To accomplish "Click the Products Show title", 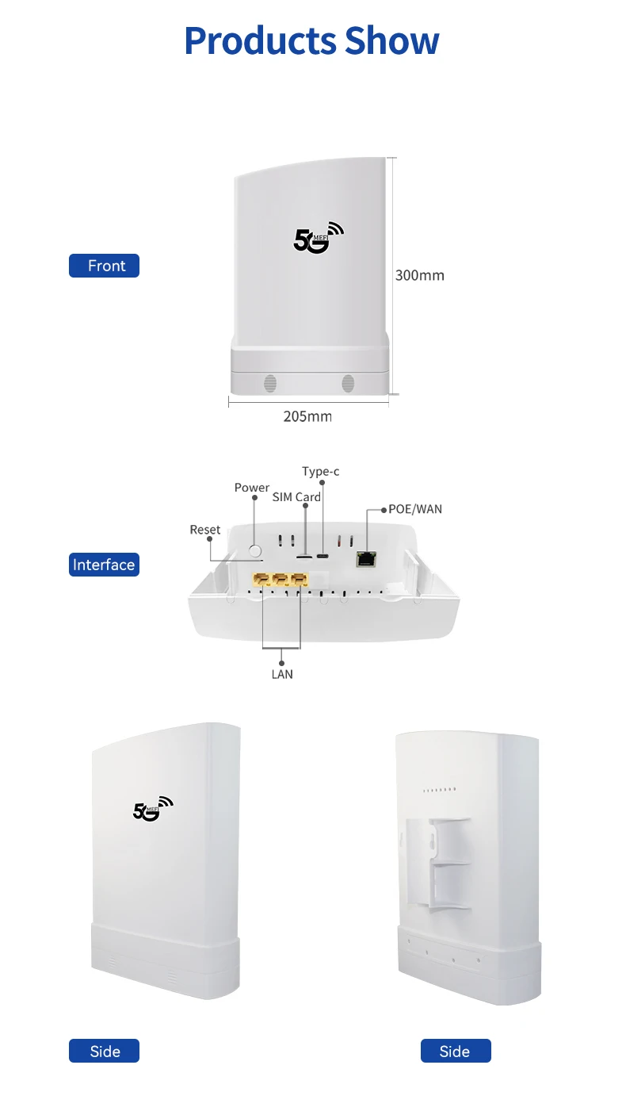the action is pos(311,41).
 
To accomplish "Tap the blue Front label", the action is pos(104,266).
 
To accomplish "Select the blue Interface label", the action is pos(104,565).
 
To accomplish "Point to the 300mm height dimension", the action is pos(419,275).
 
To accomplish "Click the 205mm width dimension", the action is pos(307,416).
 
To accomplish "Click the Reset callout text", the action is pos(205,530).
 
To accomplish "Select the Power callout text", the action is pos(252,488).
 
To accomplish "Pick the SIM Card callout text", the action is pos(296,497).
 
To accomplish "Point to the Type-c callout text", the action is pos(320,472).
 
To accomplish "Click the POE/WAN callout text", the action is pos(415,508).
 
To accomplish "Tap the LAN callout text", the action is pos(282,674).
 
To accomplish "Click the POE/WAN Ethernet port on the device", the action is pos(367,558).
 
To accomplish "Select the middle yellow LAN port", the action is pos(281,581).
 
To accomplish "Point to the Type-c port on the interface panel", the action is pos(323,555).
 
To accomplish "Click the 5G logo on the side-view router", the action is pos(152,808).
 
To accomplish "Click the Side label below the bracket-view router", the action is pos(455,1052).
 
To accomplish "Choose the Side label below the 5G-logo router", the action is pos(104,1052).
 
